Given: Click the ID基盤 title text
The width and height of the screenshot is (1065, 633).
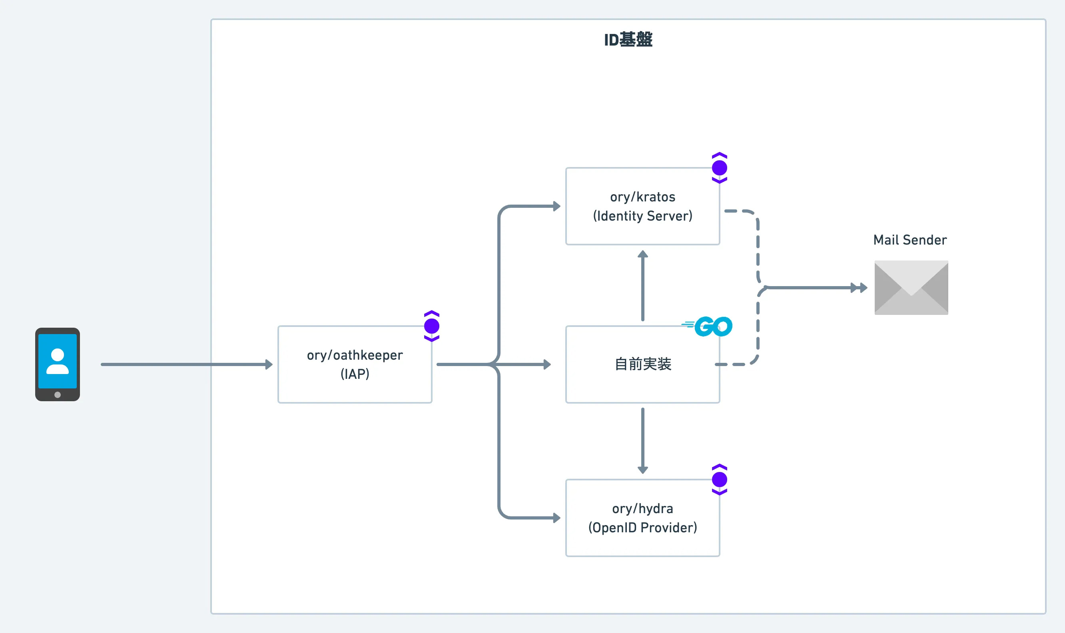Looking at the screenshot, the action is [x=628, y=40].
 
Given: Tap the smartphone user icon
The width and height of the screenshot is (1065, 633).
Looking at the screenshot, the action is [x=58, y=364].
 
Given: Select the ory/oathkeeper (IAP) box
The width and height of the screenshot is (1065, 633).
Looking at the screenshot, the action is [x=355, y=364].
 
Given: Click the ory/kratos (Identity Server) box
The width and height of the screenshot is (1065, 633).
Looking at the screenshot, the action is [x=642, y=207].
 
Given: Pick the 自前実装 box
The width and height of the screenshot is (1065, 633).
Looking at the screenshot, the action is [x=642, y=364].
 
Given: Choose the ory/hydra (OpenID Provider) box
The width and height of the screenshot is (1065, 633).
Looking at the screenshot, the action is [x=642, y=518].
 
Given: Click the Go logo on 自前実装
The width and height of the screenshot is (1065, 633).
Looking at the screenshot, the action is [x=707, y=326].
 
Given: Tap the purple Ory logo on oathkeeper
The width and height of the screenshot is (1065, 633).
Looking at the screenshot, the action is [x=432, y=326].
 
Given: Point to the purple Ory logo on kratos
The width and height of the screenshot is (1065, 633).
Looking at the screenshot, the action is [x=719, y=167].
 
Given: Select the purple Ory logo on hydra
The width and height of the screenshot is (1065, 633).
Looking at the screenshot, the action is [x=719, y=480].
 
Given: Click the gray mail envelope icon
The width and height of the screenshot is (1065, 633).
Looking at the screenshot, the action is [x=911, y=288].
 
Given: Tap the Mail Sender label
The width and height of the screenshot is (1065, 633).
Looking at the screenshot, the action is [x=910, y=240].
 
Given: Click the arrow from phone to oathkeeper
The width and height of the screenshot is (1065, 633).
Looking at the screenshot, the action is [x=187, y=364].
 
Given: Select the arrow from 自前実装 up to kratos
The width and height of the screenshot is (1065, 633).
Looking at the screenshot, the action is [x=642, y=285].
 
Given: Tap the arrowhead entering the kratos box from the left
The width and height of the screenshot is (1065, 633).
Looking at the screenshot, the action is [x=556, y=207].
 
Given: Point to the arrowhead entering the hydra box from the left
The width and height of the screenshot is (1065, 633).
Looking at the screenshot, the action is [x=556, y=518].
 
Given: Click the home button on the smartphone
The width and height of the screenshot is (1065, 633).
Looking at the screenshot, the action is [x=58, y=394].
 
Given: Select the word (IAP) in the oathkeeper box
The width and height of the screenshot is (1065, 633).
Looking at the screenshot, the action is [x=355, y=374].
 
